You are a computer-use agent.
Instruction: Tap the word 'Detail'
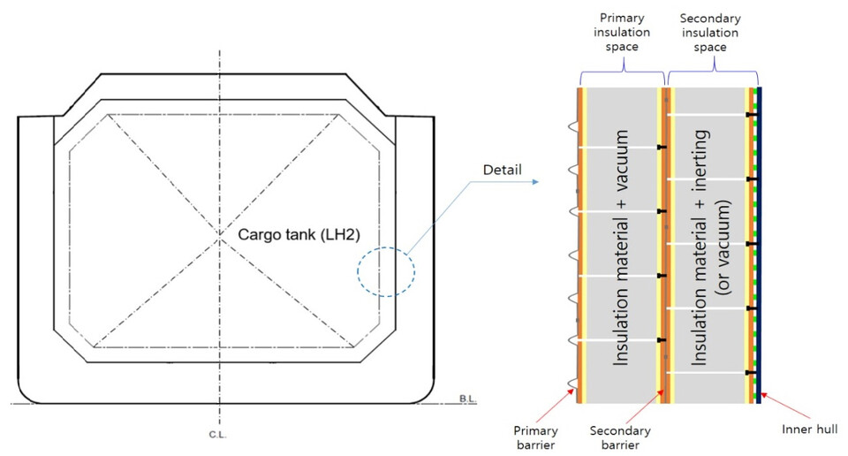pos(502,168)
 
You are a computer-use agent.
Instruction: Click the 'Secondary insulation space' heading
pos(711,31)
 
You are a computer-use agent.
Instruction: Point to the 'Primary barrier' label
pos(536,437)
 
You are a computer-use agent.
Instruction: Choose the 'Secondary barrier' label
pos(620,437)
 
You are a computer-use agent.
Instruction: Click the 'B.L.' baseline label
pos(468,398)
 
